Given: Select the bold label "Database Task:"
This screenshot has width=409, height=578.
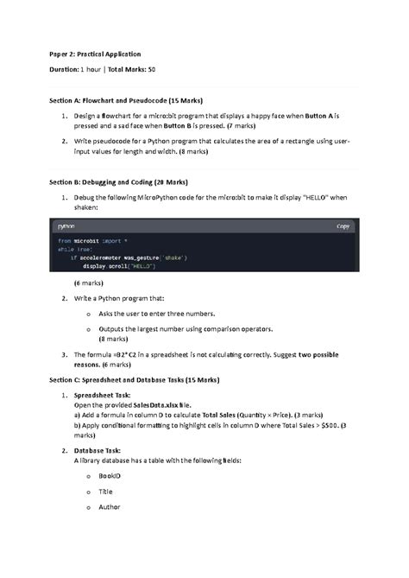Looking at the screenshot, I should click(98, 451).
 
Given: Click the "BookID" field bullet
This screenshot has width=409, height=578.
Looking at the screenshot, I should click(110, 475).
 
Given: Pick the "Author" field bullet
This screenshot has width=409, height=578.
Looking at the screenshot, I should click(110, 506).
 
